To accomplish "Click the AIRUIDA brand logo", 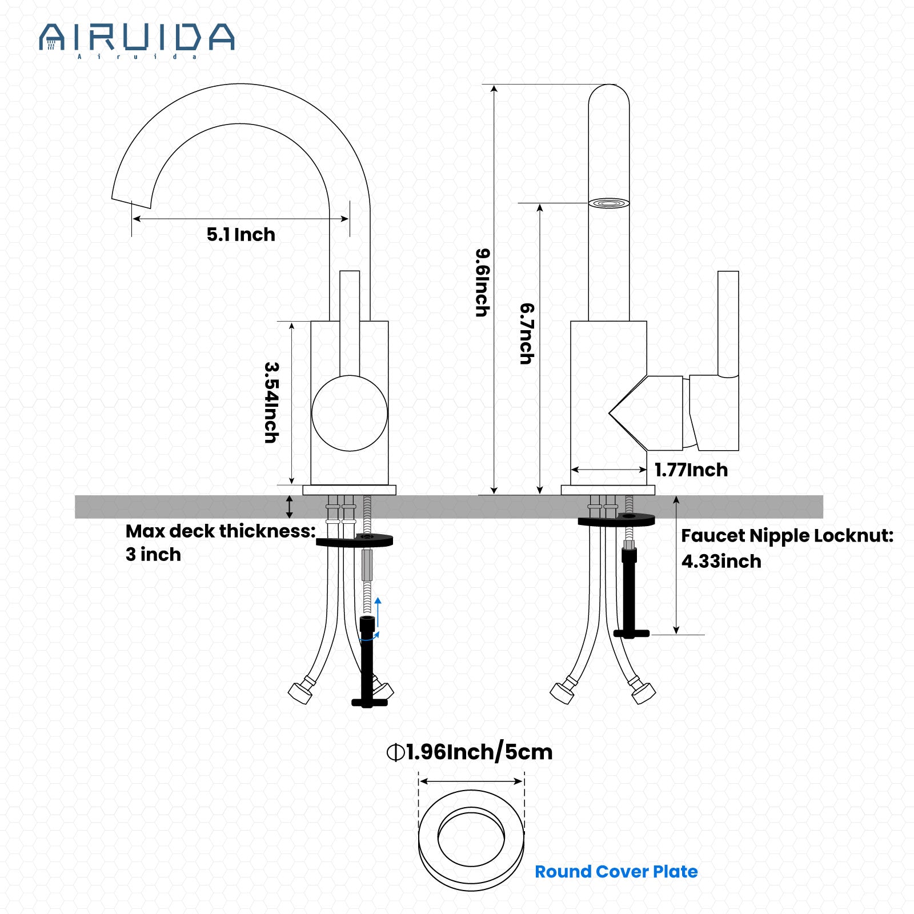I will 137,39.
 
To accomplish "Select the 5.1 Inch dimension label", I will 240,234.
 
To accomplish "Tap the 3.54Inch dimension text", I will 271,402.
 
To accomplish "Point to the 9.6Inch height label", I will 483,282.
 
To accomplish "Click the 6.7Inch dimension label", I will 527,334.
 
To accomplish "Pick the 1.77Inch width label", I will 691,470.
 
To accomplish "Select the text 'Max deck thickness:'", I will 221,531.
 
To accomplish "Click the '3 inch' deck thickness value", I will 153,555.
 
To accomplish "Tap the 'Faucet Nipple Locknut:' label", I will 787,536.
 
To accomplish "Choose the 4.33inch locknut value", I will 721,562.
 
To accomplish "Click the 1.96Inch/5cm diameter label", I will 470,752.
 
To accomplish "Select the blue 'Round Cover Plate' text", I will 616,872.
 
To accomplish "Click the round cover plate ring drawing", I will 471,840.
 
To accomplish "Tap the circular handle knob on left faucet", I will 349,413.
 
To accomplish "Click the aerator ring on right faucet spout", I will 609,203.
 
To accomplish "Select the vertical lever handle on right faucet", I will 728,324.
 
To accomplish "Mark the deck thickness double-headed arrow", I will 290,507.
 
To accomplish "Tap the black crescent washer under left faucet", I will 354,540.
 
